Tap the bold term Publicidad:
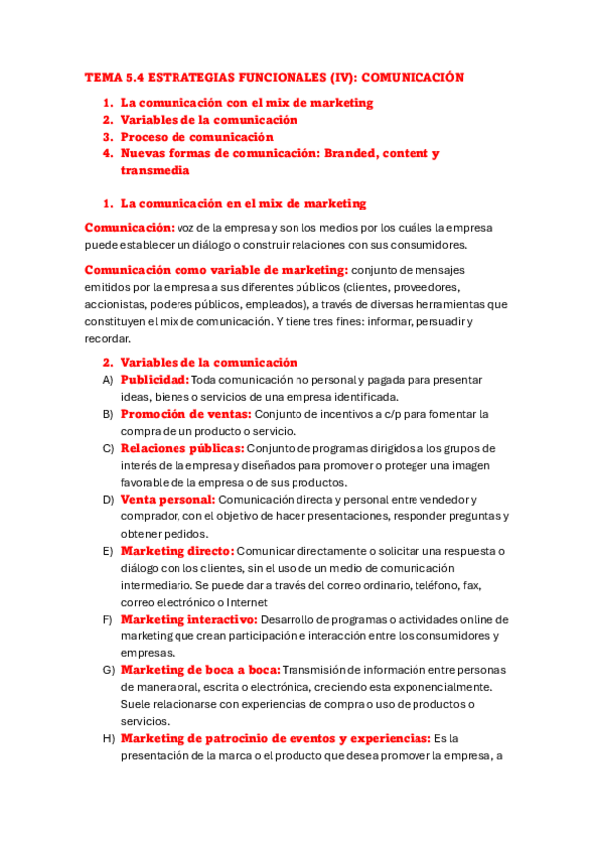(x=154, y=380)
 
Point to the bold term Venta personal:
(x=168, y=499)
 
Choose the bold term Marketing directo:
(x=178, y=551)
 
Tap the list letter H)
(x=108, y=739)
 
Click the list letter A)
(x=107, y=380)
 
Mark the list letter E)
(x=107, y=551)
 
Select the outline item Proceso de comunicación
(x=196, y=137)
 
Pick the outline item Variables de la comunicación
(x=208, y=120)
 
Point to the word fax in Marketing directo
(x=472, y=585)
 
